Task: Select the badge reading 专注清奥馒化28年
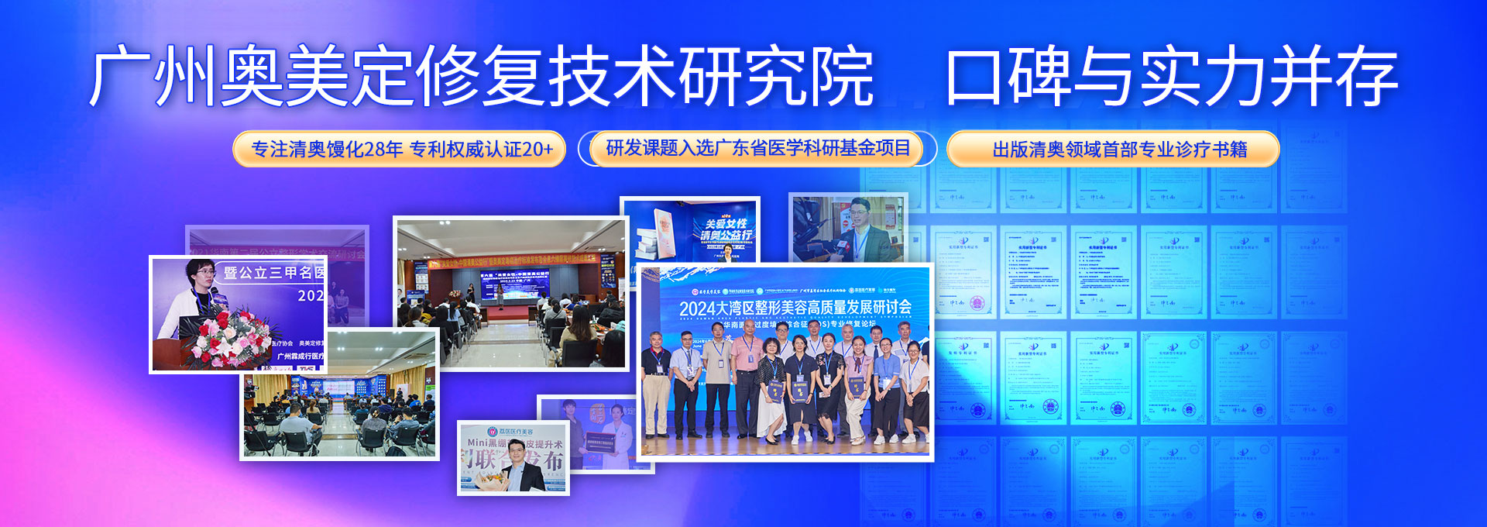click(x=327, y=149)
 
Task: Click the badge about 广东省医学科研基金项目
click(x=757, y=148)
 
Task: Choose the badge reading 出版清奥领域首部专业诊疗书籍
click(x=1119, y=149)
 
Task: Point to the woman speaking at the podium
click(x=194, y=298)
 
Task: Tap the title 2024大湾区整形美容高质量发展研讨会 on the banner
click(x=795, y=308)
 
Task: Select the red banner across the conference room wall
click(x=511, y=263)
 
